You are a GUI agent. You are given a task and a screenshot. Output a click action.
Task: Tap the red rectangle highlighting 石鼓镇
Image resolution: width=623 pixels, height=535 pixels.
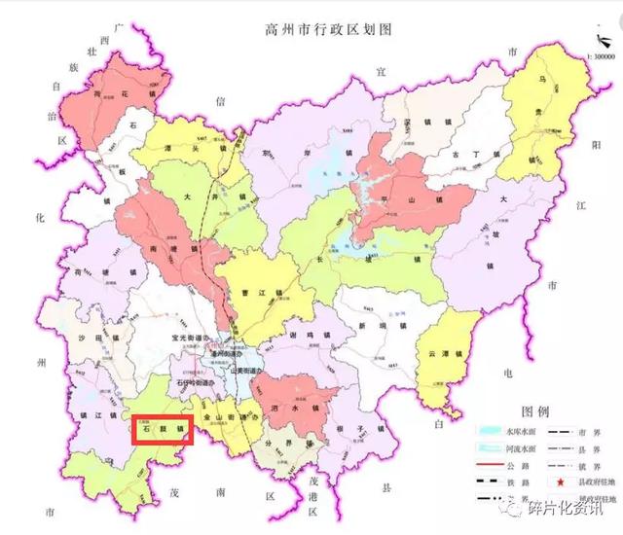[x=161, y=427]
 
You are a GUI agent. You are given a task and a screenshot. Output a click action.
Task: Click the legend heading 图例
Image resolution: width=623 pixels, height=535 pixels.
[x=538, y=410]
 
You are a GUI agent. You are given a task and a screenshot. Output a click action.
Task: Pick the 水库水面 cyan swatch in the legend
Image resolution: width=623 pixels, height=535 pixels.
[x=487, y=429]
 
